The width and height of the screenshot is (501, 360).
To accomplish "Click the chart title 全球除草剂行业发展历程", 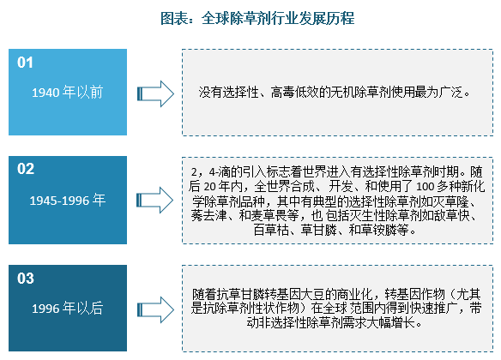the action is [278, 18].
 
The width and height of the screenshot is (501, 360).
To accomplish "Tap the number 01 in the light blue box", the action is [25, 63].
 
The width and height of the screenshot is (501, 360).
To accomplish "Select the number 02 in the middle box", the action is [26, 169].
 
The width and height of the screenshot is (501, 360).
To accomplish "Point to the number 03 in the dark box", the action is [26, 279].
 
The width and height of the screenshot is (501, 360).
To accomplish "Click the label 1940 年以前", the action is [68, 92].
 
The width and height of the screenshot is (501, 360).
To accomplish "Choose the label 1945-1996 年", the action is [68, 200].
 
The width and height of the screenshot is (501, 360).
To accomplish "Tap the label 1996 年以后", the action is [68, 308].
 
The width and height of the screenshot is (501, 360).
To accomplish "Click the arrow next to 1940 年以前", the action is [155, 93].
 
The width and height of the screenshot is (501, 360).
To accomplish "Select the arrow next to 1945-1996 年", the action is [154, 200].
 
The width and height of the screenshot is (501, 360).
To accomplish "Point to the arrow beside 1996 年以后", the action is [155, 310].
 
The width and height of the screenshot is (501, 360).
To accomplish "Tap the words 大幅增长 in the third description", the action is [390, 323].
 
